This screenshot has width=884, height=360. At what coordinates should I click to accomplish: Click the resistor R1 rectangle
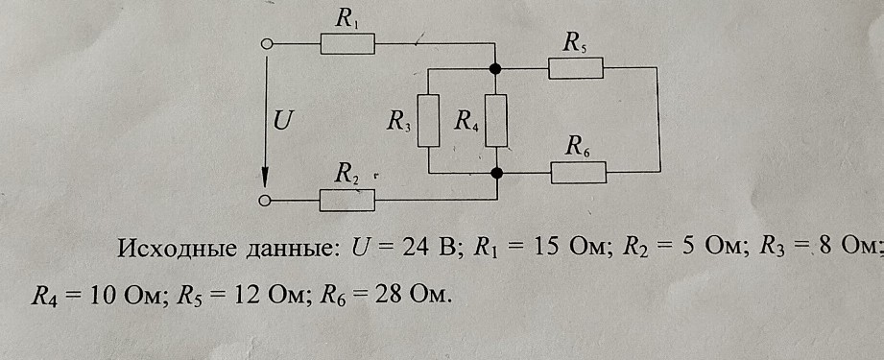click(x=346, y=44)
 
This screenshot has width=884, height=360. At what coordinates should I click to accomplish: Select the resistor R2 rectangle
click(x=346, y=200)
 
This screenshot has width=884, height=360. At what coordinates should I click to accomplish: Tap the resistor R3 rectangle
click(x=428, y=120)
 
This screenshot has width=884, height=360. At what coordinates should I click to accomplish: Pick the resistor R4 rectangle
click(x=495, y=120)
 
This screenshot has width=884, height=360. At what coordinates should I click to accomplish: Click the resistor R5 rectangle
click(x=575, y=68)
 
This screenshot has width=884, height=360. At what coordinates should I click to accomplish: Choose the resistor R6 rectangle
click(x=578, y=173)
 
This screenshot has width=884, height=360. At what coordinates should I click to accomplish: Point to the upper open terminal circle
click(x=267, y=44)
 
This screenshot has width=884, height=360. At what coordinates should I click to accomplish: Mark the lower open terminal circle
click(x=267, y=201)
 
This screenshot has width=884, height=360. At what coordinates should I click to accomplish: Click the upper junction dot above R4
click(x=495, y=68)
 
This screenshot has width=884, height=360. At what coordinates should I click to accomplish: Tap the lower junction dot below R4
click(x=495, y=173)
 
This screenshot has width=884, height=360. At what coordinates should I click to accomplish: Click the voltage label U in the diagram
click(x=283, y=121)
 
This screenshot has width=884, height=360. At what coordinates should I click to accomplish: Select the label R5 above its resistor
click(x=575, y=42)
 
